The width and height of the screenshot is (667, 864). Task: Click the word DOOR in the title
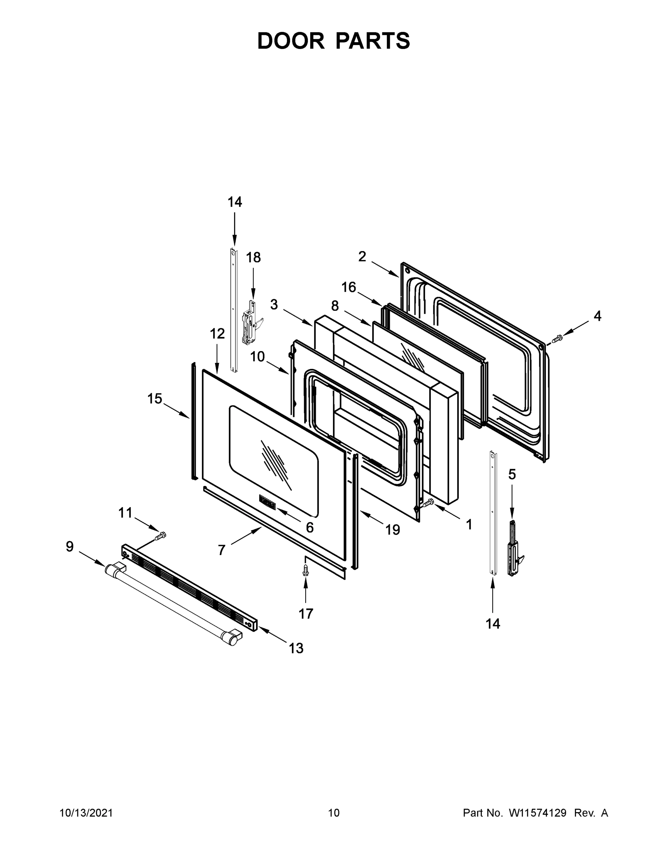[x=291, y=41]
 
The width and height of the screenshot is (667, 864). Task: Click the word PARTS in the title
[x=373, y=41]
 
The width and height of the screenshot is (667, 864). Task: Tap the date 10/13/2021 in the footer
[x=86, y=813]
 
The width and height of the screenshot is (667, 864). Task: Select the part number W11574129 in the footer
[x=538, y=813]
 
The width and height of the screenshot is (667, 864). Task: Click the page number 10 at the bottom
[x=334, y=813]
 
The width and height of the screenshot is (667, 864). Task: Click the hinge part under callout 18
[x=250, y=323]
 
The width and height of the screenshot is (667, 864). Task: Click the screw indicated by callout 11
[x=161, y=536]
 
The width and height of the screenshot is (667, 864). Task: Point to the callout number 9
[x=69, y=547]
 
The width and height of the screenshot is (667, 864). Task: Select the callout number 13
[x=296, y=648]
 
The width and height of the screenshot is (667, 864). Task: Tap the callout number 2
[x=362, y=257]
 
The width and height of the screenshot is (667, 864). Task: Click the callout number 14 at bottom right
[x=493, y=624]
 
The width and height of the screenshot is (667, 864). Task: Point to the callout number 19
[x=392, y=530]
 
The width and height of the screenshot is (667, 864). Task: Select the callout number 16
[x=348, y=287]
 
